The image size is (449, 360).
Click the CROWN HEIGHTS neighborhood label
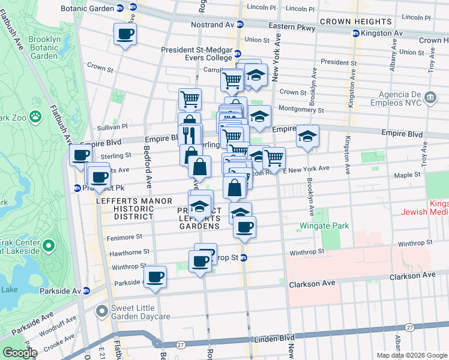click(356, 22)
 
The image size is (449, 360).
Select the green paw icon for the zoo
click(36, 115)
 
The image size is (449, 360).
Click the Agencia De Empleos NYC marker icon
click(430, 97)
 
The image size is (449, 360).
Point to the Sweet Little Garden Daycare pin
click(102, 311)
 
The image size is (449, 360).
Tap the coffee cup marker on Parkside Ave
click(155, 277)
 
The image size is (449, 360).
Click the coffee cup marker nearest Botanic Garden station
click(125, 34)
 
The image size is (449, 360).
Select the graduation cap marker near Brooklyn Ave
click(307, 136)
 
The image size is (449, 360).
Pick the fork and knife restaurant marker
click(190, 133)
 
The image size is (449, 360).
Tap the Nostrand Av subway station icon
click(240, 25)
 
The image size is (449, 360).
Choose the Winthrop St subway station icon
click(244, 257)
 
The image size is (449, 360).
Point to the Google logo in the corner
click(19, 353)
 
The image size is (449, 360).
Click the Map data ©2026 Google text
click(411, 355)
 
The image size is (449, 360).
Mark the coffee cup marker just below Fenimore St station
click(244, 227)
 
